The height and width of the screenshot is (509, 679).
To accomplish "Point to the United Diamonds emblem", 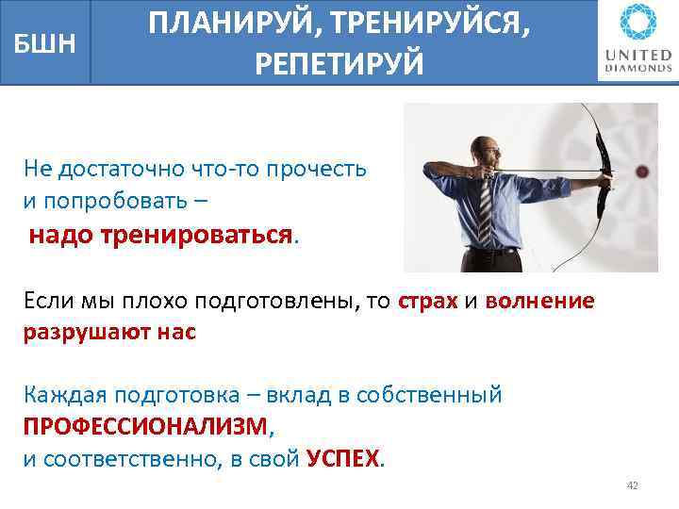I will point(634,24).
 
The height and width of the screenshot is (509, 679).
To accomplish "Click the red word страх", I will point(428,302).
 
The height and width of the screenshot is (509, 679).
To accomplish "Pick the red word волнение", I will point(539,302).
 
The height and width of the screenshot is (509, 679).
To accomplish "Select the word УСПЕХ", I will point(344,459).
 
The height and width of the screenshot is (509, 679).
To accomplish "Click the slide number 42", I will point(632,485).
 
